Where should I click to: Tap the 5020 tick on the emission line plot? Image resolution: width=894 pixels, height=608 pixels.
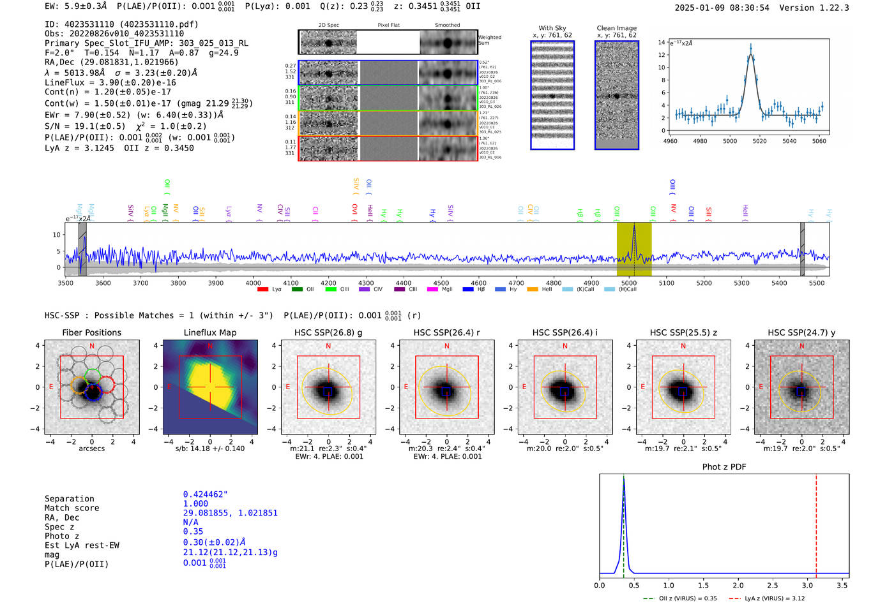click(x=759, y=141)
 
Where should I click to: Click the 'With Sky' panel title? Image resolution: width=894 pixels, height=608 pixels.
click(x=552, y=28)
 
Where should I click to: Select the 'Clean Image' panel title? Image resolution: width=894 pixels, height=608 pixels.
click(x=616, y=28)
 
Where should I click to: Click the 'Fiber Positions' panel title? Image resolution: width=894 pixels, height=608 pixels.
click(x=91, y=332)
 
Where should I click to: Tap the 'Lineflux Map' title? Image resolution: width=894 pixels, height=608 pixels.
click(x=210, y=332)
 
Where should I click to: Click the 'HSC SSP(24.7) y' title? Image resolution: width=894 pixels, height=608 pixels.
click(x=801, y=332)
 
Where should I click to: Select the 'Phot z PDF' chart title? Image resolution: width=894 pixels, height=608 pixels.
click(x=724, y=466)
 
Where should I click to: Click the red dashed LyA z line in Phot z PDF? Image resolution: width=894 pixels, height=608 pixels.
click(x=816, y=523)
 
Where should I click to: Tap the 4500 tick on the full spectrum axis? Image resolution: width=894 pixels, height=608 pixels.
click(x=441, y=283)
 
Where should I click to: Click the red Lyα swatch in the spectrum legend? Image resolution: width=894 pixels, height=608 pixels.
click(x=262, y=289)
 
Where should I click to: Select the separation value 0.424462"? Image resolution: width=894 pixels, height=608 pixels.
click(x=205, y=494)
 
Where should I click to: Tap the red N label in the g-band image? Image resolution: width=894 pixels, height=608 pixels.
click(x=328, y=346)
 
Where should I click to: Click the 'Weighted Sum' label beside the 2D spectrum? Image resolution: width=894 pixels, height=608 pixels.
click(x=490, y=40)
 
